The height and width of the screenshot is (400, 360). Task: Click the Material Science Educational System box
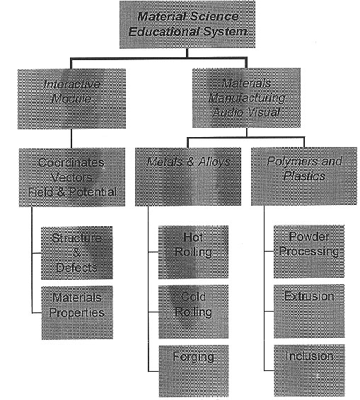click(x=187, y=25)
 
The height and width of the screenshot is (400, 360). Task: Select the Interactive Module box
click(x=71, y=99)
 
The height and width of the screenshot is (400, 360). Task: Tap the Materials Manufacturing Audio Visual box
click(x=246, y=98)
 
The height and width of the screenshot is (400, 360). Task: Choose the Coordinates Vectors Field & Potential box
click(x=72, y=177)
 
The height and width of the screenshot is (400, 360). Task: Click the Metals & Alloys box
click(x=188, y=177)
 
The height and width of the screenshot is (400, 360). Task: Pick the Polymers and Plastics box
click(x=304, y=176)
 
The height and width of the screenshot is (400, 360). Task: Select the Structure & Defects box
click(x=77, y=253)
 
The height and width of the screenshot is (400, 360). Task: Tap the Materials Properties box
click(x=77, y=313)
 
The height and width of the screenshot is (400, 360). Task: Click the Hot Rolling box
click(x=193, y=252)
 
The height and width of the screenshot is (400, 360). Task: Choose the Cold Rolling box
click(x=194, y=312)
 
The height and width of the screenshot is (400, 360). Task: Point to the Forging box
click(x=194, y=371)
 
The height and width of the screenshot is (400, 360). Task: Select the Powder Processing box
click(x=309, y=252)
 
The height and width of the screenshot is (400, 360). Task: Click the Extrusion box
click(x=309, y=311)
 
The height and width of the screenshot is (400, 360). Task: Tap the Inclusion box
click(x=310, y=370)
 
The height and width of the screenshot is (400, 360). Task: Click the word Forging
click(x=194, y=357)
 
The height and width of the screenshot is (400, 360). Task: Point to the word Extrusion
click(x=309, y=296)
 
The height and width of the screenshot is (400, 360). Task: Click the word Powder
click(x=308, y=237)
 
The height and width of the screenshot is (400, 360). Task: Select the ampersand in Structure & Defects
click(x=77, y=253)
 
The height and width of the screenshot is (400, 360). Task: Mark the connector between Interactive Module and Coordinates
click(x=71, y=139)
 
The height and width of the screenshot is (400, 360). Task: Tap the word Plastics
click(x=304, y=176)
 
